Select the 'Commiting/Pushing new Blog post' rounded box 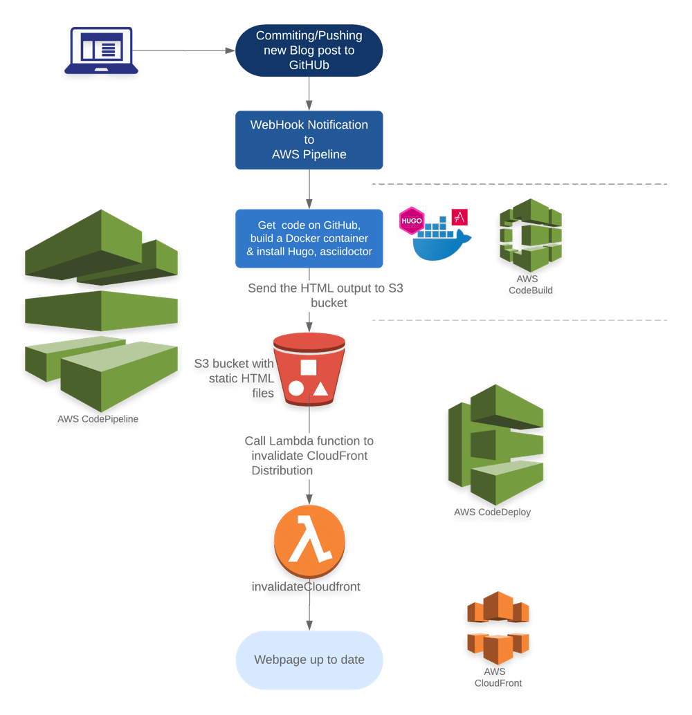coord(309,50)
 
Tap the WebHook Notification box coord(309,140)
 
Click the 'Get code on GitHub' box coord(309,239)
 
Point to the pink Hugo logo coord(412,220)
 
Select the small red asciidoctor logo coord(459,216)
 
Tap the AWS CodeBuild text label coord(531,285)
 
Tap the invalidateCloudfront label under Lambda coord(305,586)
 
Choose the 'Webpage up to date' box coord(309,660)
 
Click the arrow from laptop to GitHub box coord(187,50)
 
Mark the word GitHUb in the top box coord(309,65)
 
